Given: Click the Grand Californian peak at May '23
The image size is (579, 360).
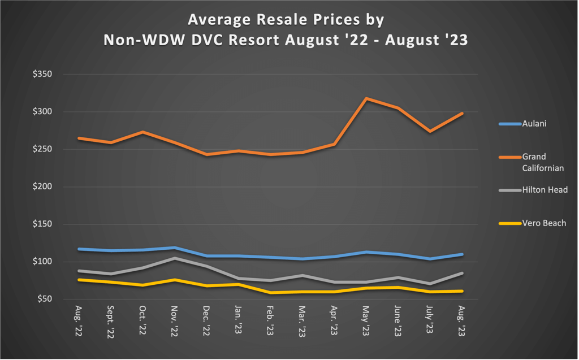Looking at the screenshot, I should (366, 98).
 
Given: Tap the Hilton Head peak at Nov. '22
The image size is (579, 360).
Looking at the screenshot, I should (175, 258).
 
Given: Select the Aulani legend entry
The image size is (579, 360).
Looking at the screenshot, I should (521, 123).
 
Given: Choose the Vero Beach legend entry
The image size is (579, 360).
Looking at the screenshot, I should (532, 223).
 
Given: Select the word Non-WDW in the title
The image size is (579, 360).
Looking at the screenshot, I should (146, 41).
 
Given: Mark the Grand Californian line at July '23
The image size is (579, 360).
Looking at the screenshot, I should (430, 131).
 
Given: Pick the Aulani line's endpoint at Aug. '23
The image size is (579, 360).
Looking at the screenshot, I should (462, 254).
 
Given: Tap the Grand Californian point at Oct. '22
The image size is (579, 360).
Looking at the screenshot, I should (143, 132).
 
